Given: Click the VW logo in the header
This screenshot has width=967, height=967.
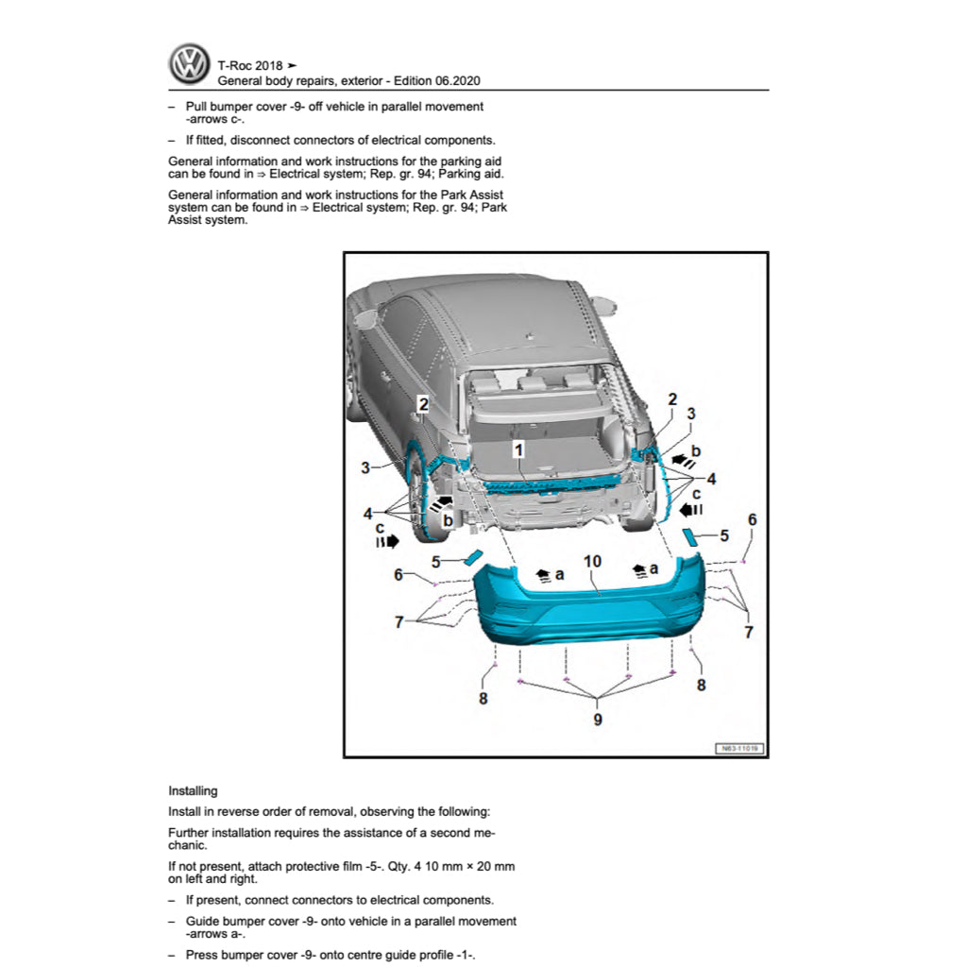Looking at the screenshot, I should tap(190, 65).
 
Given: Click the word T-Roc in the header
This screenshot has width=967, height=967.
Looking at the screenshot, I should tap(234, 66).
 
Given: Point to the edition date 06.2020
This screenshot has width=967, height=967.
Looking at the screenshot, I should tap(466, 82).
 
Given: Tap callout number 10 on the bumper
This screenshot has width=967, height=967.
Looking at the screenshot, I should tap(592, 561).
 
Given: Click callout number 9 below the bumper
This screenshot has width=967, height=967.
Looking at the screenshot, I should tap(597, 719).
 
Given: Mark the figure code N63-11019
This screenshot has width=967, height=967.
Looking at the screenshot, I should tap(739, 748).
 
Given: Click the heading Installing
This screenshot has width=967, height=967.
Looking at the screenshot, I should tap(193, 791).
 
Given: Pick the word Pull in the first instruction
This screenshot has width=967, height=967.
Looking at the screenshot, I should tap(197, 107).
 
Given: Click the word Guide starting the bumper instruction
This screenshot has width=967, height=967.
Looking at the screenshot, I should tap(203, 921).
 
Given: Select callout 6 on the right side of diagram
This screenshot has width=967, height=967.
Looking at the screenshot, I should tap(752, 519).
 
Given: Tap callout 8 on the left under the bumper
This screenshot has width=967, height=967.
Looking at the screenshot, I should tap(483, 700).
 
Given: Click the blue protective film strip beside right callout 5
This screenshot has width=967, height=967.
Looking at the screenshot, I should tap(691, 537).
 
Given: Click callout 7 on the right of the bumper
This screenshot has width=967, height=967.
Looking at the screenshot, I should tap(749, 632).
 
